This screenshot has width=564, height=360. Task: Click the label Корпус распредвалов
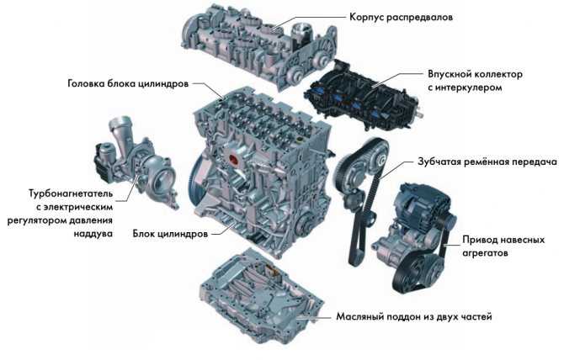401,18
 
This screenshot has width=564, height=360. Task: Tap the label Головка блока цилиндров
128,84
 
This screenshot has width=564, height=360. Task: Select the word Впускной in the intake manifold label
450,74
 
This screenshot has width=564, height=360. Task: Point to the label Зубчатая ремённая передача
487,162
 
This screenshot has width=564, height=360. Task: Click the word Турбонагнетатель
71,193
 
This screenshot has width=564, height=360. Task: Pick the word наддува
93,234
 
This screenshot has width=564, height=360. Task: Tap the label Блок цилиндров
170,234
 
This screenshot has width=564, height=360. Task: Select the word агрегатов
485,253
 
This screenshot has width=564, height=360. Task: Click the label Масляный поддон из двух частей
414,317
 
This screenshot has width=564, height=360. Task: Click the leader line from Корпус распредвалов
309,21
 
